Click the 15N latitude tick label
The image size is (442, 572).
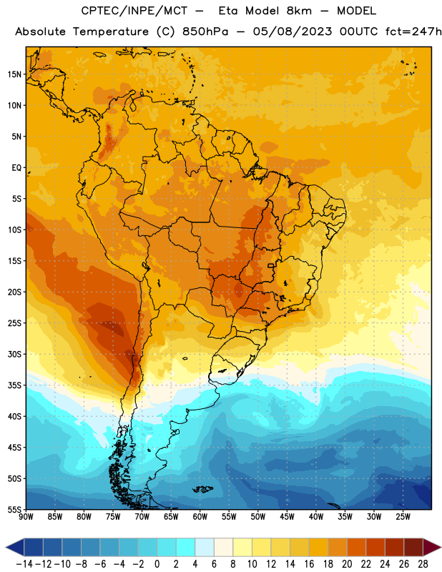click(x=14, y=74)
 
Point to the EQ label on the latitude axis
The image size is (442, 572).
click(x=16, y=168)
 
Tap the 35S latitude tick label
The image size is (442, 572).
click(x=14, y=385)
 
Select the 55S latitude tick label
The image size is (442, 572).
click(x=14, y=509)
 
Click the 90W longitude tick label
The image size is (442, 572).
click(x=26, y=517)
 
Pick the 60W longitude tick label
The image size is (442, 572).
click(x=200, y=517)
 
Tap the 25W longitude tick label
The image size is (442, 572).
click(x=403, y=517)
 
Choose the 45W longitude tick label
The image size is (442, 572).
click(x=287, y=517)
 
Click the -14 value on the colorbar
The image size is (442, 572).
click(x=24, y=564)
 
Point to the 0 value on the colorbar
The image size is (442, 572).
click(x=157, y=564)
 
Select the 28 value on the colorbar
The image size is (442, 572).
click(x=423, y=564)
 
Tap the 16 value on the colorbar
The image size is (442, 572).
click(x=309, y=564)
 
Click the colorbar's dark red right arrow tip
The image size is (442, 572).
click(x=441, y=547)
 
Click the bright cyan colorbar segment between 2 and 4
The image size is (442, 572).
click(x=185, y=547)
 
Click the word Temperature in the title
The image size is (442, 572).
click(x=111, y=31)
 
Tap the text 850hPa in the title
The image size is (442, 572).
click(x=205, y=31)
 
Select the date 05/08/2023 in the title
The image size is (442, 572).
click(x=293, y=31)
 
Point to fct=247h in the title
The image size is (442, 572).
click(x=413, y=31)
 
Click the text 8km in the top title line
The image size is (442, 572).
click(x=299, y=11)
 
